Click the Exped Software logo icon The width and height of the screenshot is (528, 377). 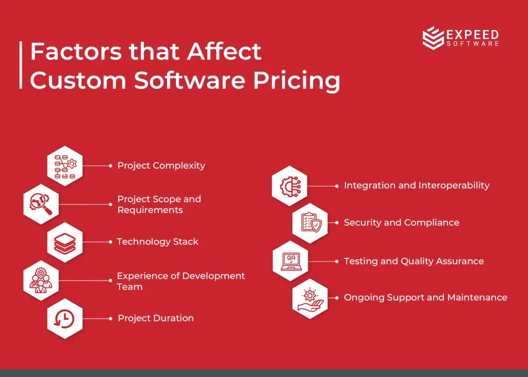(x=433, y=38)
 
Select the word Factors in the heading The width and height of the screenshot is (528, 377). (x=76, y=52)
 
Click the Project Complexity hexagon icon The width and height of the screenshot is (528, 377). (x=65, y=166)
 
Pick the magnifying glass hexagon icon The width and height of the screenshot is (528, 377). (x=41, y=204)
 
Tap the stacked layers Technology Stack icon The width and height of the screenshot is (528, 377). (x=65, y=242)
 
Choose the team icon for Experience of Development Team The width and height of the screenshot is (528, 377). (x=41, y=281)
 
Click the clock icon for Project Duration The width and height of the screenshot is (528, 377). (x=65, y=318)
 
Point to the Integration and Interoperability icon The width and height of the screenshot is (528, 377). (x=290, y=186)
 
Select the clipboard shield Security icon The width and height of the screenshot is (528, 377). (x=310, y=223)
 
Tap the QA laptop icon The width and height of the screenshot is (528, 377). (x=290, y=261)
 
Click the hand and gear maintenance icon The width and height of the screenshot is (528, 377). (x=310, y=298)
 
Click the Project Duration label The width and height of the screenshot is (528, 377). (x=156, y=318)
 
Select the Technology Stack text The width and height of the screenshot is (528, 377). (x=158, y=242)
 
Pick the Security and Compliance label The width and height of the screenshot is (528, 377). (x=401, y=223)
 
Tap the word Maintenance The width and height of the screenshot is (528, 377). (x=477, y=298)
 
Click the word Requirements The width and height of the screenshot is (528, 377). (x=150, y=210)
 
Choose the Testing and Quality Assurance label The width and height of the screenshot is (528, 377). (x=414, y=261)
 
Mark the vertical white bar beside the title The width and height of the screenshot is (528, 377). (x=21, y=65)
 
